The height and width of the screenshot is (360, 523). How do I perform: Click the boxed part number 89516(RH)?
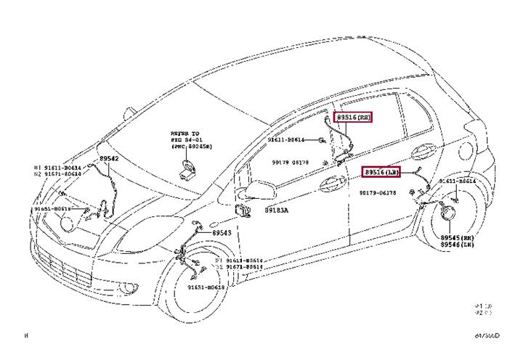click(354, 117)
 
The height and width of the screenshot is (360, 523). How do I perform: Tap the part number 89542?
click(109, 157)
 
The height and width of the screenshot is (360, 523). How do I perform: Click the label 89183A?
click(277, 210)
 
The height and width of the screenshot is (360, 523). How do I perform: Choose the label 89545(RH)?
click(458, 238)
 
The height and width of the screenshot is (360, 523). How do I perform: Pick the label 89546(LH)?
click(458, 245)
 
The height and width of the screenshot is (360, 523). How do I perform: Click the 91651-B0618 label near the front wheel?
click(206, 287)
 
